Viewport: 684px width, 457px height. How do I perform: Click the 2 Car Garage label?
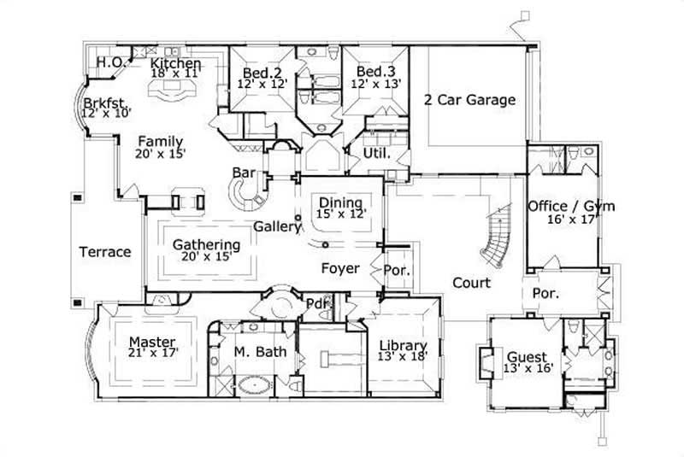[x=469, y=100]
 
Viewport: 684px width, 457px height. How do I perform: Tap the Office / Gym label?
[x=570, y=206]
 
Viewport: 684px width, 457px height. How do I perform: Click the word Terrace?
[x=105, y=252]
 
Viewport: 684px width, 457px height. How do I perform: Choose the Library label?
[x=403, y=346]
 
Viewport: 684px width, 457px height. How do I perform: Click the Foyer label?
[x=339, y=268]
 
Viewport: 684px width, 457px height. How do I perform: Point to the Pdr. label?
[x=318, y=304]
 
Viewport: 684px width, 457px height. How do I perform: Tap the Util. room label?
[x=377, y=155]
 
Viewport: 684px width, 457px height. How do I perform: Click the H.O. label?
[x=109, y=62]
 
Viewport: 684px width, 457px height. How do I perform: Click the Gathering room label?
[x=206, y=244]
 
